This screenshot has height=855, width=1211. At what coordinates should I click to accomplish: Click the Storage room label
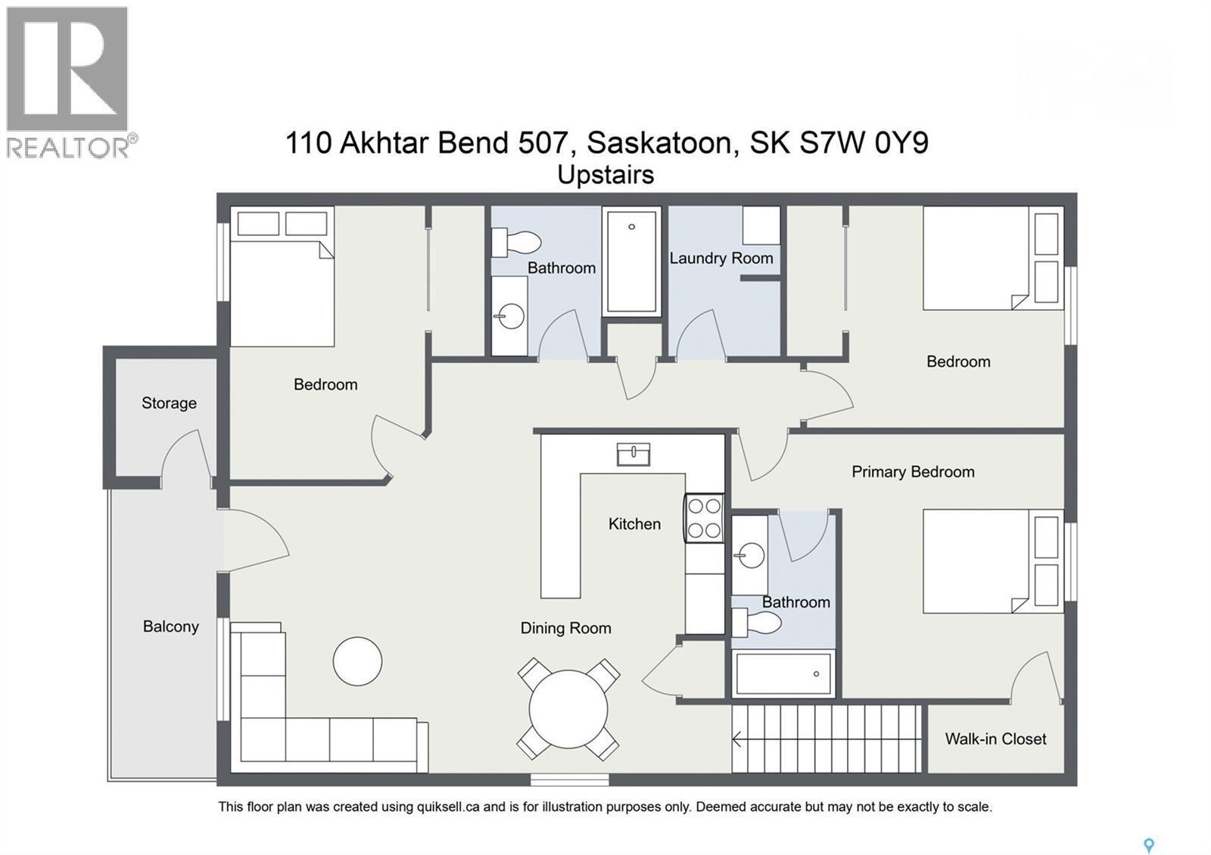(169, 403)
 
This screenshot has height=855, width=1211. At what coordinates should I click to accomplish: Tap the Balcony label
(171, 626)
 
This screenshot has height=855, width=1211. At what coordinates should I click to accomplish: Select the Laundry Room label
(721, 258)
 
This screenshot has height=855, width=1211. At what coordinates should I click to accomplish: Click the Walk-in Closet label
(995, 739)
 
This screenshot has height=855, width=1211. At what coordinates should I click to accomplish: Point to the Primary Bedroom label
(913, 472)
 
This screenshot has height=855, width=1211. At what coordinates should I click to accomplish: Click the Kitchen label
(634, 524)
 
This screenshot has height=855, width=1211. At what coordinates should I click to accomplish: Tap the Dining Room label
(565, 628)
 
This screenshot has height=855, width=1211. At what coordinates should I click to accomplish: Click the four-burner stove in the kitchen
(704, 518)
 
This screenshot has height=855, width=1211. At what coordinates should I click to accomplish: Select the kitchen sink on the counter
(633, 454)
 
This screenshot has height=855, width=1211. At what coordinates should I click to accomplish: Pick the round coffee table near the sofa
(357, 661)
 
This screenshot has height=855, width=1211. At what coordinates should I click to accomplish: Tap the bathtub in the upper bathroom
(631, 261)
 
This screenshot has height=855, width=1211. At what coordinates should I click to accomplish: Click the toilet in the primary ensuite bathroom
(756, 623)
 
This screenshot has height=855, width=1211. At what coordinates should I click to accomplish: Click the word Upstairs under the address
(605, 175)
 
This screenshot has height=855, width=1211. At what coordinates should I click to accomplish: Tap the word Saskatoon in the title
(662, 142)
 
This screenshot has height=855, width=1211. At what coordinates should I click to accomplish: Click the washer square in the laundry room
(761, 225)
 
